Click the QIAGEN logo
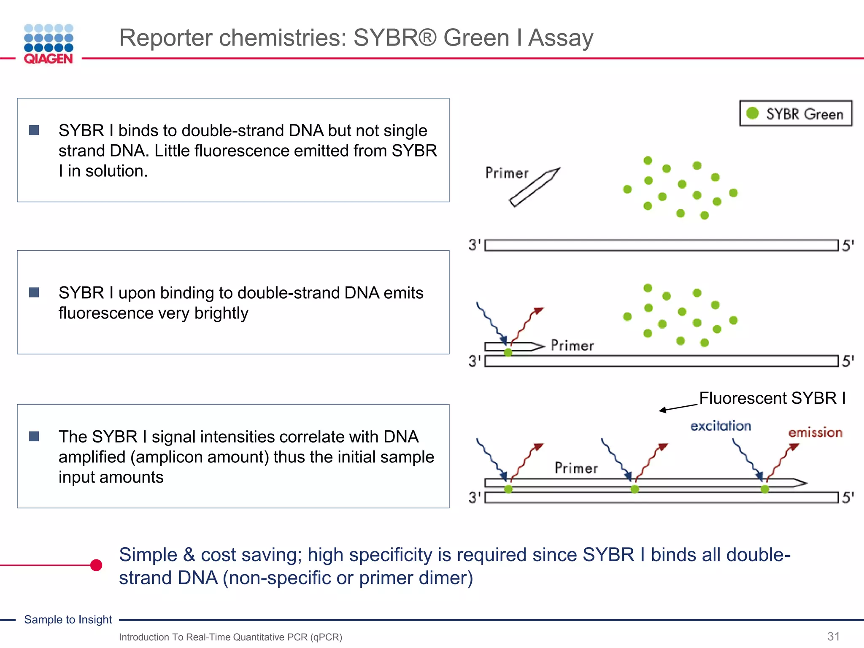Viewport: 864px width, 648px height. pos(49,44)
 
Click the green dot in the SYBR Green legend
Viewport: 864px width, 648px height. pos(752,113)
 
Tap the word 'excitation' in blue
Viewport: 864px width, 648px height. pos(721,426)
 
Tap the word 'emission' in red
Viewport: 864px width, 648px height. pos(815,432)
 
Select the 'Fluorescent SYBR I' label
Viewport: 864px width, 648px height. pos(772,398)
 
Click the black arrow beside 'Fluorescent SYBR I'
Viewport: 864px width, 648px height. pos(678,408)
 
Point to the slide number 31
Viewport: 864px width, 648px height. pos(834,636)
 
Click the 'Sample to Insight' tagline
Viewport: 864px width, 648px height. pos(68,619)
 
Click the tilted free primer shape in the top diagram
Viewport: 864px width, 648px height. pos(535,187)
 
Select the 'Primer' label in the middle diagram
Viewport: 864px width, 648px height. pos(572,346)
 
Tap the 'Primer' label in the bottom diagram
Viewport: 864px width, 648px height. pos(576,468)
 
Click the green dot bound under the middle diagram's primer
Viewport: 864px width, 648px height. pos(508,353)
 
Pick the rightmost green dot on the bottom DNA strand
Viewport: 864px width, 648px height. pos(764,489)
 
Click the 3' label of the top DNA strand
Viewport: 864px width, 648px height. pos(475,245)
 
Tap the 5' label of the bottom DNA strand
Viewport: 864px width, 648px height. pos(848,497)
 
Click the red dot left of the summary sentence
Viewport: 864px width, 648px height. pos(96,565)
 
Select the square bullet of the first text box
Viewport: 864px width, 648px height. pos(34,130)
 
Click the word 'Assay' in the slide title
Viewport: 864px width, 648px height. pos(561,38)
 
